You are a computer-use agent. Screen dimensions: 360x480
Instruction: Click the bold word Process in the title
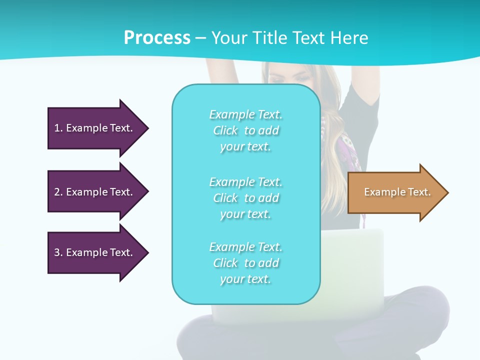pos(157,38)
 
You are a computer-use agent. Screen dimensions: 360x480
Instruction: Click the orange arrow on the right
pos(395,192)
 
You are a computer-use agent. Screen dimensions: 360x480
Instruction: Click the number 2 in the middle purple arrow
pos(57,192)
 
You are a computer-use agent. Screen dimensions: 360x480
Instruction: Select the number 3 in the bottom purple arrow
pos(57,252)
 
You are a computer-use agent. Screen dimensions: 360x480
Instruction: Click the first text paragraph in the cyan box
pos(245,130)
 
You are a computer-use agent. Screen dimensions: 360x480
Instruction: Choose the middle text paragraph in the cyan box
pos(245,198)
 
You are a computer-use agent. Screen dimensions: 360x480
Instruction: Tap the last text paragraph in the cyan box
pos(245,263)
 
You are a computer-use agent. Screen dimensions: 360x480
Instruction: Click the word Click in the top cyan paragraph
pos(225,130)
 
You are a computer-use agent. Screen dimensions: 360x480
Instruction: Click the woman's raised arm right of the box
pos(362,100)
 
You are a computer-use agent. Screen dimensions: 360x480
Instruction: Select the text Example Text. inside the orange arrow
pos(397,192)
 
